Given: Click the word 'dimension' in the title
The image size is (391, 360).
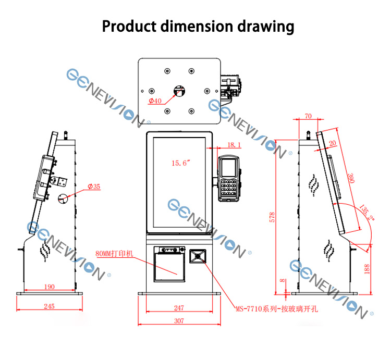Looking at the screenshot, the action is [196, 27].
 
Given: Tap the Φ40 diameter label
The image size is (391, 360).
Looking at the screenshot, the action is [155, 101].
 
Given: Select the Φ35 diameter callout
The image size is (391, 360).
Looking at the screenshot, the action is [94, 187].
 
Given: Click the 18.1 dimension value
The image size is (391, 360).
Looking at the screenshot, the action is [234, 145].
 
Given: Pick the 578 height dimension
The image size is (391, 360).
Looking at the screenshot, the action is [272, 217].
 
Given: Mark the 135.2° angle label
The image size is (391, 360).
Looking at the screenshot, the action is [366, 213].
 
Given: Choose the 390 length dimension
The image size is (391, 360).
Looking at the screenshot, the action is [351, 178].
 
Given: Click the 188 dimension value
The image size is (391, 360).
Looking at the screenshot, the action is [366, 269].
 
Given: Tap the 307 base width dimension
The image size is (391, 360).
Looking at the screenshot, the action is [179, 320].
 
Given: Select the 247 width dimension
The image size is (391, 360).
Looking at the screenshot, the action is [179, 308].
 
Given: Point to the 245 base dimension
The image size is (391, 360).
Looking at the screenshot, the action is [49, 306].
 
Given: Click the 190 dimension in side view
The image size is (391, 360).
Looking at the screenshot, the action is [50, 287].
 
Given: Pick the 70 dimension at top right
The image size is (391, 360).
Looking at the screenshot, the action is [308, 116].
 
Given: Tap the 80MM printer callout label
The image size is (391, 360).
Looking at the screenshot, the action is [115, 254].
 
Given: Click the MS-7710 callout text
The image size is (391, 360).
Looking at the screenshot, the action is [277, 309].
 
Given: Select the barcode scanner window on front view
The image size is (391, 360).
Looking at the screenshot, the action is [198, 256].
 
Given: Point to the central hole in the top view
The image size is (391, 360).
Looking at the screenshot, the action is [179, 91].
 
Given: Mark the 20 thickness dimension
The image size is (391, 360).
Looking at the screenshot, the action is [333, 143].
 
